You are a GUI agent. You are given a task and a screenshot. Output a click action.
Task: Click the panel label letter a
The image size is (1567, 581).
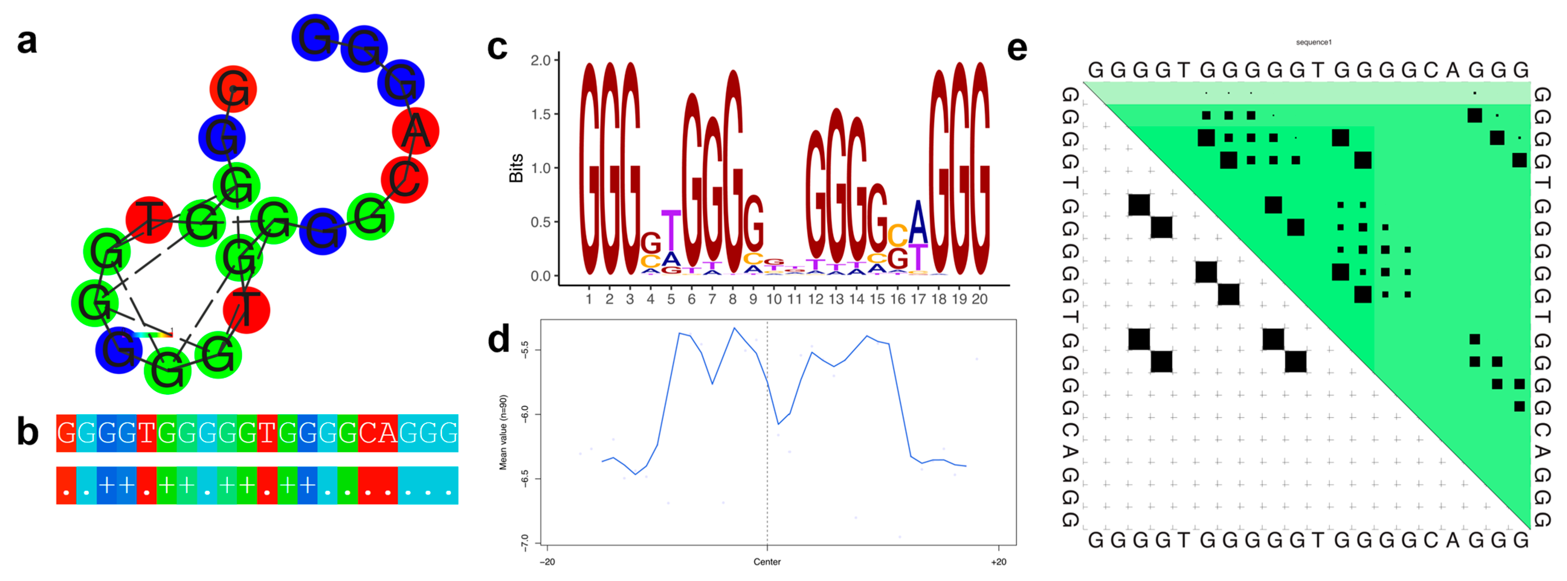click(x=27, y=41)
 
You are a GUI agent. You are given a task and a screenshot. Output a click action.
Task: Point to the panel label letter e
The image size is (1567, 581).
click(x=1017, y=49)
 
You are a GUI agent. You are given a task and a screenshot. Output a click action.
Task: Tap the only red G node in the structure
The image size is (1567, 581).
click(x=233, y=89)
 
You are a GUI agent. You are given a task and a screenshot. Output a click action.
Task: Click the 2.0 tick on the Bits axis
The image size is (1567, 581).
click(x=540, y=60)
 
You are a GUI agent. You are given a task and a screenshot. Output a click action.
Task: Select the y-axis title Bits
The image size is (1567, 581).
click(x=516, y=168)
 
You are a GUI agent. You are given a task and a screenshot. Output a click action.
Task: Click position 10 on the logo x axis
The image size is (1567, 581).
click(x=774, y=299)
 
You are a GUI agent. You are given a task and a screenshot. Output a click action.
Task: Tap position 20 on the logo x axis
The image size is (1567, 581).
click(x=979, y=299)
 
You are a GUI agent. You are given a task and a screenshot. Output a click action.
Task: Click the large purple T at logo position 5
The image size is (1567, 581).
click(x=671, y=230)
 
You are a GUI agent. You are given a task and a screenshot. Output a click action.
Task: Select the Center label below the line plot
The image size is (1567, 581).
click(x=767, y=562)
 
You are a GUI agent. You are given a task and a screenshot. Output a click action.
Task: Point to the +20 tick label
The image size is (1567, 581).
click(x=998, y=562)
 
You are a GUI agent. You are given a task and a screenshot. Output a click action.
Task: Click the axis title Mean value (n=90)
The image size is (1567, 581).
click(x=503, y=432)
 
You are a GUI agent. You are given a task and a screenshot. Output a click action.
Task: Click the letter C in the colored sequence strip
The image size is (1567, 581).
click(x=368, y=433)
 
